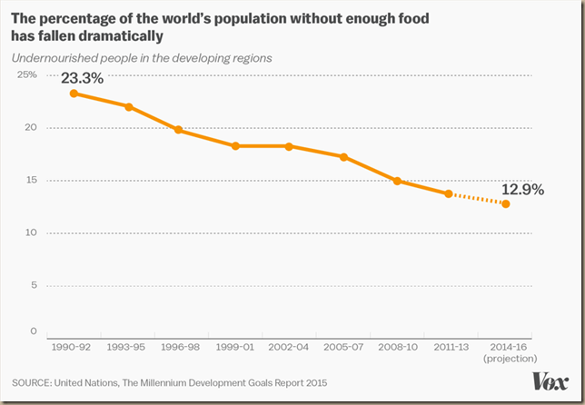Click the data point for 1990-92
[x=74, y=93]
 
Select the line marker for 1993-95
[x=128, y=106]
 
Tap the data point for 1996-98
[x=179, y=130]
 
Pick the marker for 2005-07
[x=343, y=157]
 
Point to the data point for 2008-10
[x=397, y=181]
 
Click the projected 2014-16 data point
[x=505, y=204]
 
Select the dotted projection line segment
[x=477, y=199]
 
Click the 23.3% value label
[x=83, y=78]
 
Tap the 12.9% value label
[x=521, y=190]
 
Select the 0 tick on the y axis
[x=33, y=331]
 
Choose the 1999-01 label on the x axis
[x=235, y=347]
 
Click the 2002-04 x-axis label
[x=289, y=347]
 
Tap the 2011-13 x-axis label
[x=451, y=347]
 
